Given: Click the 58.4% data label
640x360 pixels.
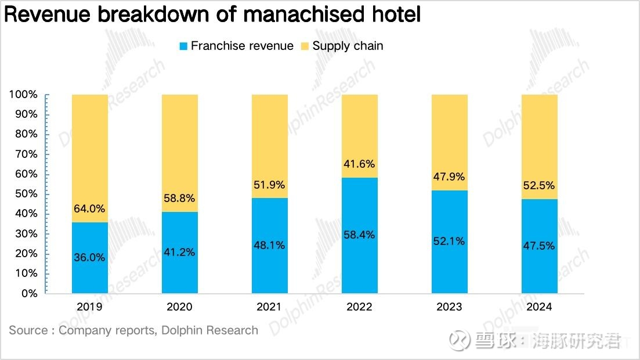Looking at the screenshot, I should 360,235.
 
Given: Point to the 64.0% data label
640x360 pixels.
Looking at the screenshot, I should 89,209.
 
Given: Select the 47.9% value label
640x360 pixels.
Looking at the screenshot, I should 449,177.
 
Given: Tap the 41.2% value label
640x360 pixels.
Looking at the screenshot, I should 179,252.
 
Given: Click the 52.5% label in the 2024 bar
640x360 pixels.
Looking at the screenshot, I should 540,186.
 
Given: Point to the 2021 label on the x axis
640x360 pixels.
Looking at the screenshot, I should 269,307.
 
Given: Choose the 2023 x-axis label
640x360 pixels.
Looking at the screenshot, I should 449,307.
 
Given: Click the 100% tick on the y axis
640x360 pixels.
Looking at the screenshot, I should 23,95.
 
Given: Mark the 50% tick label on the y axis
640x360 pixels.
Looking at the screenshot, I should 26,194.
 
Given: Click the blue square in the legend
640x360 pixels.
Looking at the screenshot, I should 183,46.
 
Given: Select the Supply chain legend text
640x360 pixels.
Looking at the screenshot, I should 348,46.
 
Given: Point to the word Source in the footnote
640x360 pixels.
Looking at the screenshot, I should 28,330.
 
